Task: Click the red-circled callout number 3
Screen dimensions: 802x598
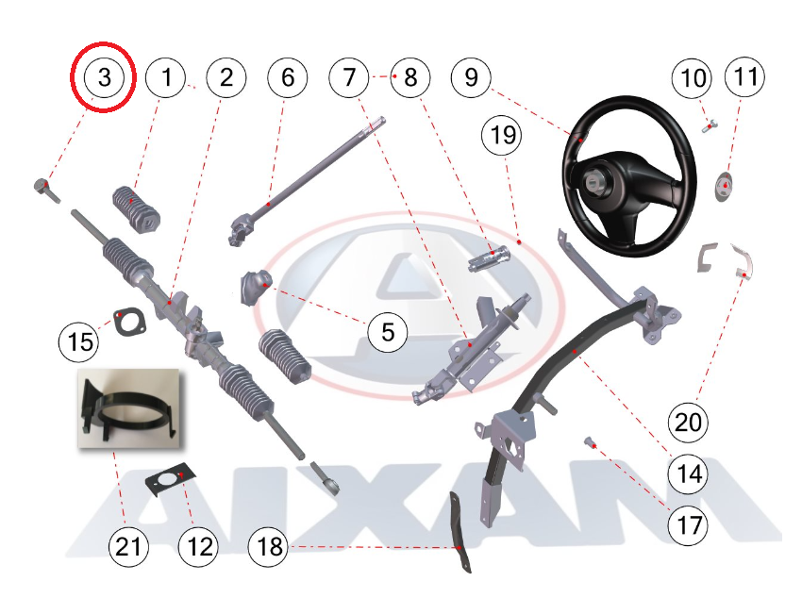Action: [x=104, y=77]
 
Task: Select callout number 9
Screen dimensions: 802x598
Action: [x=471, y=77]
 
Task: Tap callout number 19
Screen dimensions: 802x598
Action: [x=502, y=136]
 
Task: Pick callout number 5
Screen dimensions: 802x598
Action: [x=388, y=332]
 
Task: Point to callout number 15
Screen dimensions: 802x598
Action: [x=79, y=341]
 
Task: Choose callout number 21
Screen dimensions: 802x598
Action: [x=128, y=547]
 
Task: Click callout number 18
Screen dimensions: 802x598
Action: [x=269, y=547]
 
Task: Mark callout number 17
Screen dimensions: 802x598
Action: [x=689, y=525]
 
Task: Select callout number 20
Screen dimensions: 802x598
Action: [x=689, y=423]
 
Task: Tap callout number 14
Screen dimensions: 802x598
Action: [x=689, y=473]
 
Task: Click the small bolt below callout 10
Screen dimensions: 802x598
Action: [x=710, y=125]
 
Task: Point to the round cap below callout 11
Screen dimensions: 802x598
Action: [x=724, y=187]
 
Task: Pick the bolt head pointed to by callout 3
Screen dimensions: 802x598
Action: [x=41, y=185]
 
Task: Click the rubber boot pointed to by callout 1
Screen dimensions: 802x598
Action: [x=136, y=209]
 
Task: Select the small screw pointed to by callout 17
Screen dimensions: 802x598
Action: [x=590, y=442]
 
